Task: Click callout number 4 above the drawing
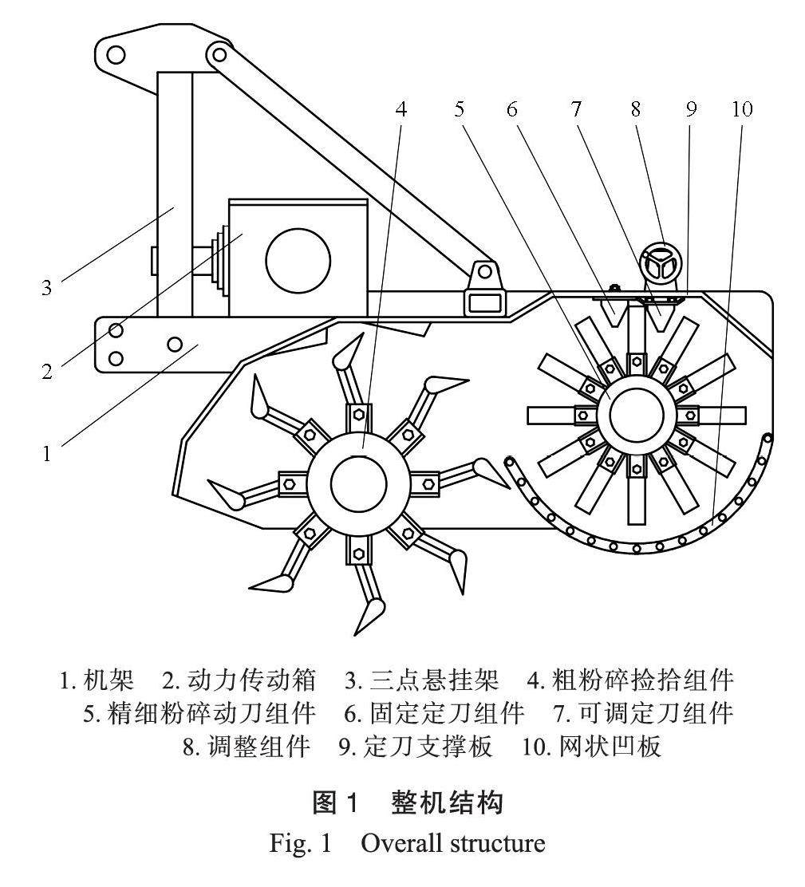click(x=402, y=109)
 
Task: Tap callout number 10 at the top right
click(x=741, y=109)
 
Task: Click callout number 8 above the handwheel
click(x=636, y=109)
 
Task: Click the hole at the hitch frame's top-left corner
click(x=116, y=54)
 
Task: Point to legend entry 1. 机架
click(x=97, y=680)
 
